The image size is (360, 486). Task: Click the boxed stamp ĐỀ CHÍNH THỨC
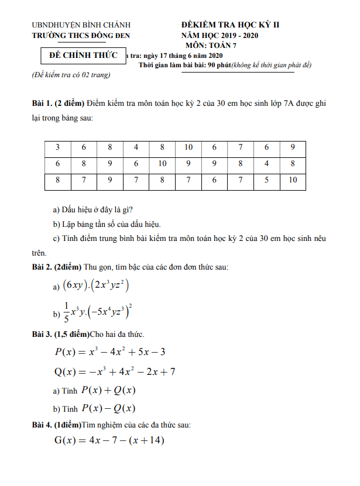pyautogui.click(x=81, y=56)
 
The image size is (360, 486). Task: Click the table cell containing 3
pyautogui.click(x=57, y=147)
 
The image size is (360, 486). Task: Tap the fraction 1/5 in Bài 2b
pyautogui.click(x=66, y=312)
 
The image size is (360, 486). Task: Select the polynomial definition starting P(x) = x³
pyautogui.click(x=110, y=351)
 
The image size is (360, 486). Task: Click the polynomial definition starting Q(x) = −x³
pyautogui.click(x=115, y=371)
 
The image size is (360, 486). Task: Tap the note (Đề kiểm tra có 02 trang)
pyautogui.click(x=71, y=75)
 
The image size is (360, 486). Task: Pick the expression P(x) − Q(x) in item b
pyautogui.click(x=108, y=409)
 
